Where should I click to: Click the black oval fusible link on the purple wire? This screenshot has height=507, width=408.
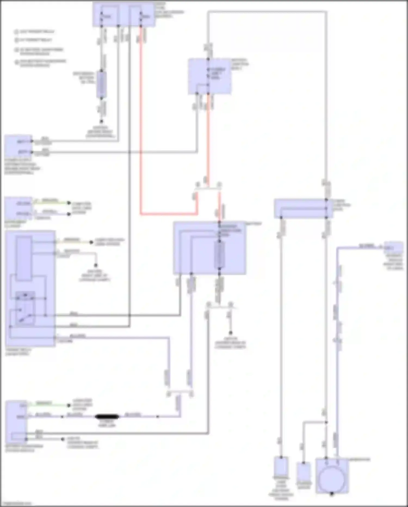click(107, 417)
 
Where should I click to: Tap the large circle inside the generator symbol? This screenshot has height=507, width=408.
click(332, 480)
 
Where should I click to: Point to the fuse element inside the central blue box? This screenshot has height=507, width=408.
click(220, 255)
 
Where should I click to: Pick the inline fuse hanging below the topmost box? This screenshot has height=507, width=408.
click(102, 85)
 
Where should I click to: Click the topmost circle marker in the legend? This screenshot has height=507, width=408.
click(17, 32)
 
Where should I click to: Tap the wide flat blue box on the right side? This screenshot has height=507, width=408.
click(303, 209)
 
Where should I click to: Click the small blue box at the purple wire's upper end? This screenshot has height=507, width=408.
click(393, 247)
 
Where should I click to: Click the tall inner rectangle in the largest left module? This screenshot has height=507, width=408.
click(24, 258)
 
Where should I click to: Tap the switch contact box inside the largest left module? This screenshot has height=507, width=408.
click(25, 309)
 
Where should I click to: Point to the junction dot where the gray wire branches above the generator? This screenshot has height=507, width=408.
click(326, 422)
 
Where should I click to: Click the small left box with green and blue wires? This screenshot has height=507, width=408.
click(18, 209)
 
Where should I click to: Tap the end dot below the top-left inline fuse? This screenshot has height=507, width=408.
click(101, 121)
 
